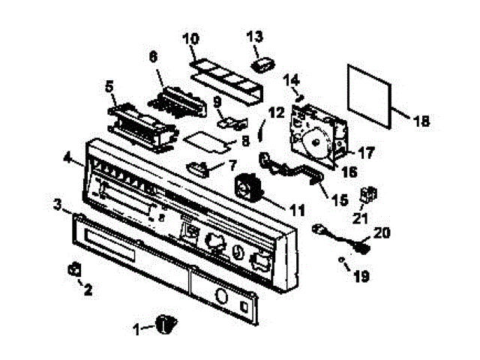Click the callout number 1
(137, 328)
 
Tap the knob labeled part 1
(166, 323)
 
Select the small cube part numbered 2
(74, 268)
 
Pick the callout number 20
(382, 234)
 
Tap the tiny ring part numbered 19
(342, 260)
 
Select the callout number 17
(366, 152)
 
